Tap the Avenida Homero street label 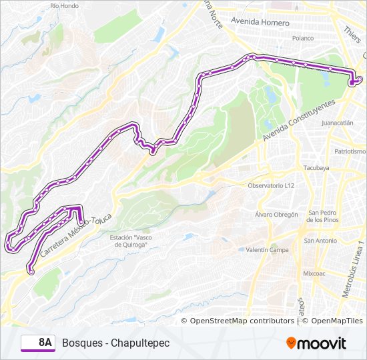(260, 22)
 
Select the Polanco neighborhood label (302, 39)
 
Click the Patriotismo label (350, 151)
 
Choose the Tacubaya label (316, 168)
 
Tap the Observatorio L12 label (271, 186)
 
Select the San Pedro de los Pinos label (324, 217)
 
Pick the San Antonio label (320, 240)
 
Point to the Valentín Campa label (266, 250)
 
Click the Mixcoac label (313, 273)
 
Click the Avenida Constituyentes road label (298, 117)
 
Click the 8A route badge (38, 343)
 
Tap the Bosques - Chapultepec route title (116, 343)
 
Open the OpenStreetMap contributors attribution (242, 321)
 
